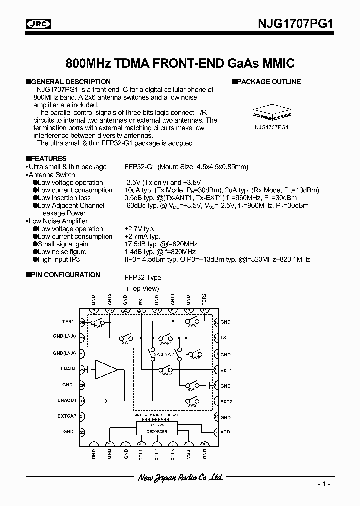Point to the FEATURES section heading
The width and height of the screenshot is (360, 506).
coord(48,158)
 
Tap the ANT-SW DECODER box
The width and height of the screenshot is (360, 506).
coord(157,429)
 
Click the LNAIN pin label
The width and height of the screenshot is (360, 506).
coord(68,369)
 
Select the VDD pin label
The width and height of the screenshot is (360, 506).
coord(226,432)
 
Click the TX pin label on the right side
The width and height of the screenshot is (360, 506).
coord(223,338)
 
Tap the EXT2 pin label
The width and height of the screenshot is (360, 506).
coord(226,401)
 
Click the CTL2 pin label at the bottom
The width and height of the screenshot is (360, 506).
coord(157,455)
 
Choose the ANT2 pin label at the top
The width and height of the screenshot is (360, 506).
coord(109,299)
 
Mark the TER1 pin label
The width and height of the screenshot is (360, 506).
coord(68,322)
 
